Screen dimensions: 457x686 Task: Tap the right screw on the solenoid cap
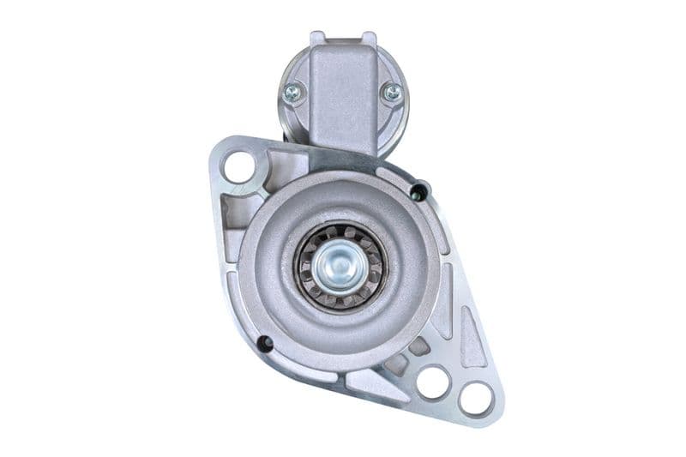tap(392, 92)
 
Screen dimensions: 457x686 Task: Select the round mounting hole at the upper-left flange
tap(240, 165)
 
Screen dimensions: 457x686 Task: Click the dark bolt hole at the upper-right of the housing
tap(418, 190)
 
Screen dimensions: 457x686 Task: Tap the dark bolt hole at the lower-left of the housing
tap(265, 344)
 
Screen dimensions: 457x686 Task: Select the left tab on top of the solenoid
tap(318, 38)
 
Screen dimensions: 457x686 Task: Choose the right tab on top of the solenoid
tap(369, 38)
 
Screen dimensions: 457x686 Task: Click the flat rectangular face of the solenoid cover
tap(343, 94)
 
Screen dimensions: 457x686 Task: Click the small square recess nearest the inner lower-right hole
tap(418, 346)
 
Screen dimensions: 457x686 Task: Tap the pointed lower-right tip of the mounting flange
tap(497, 412)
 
